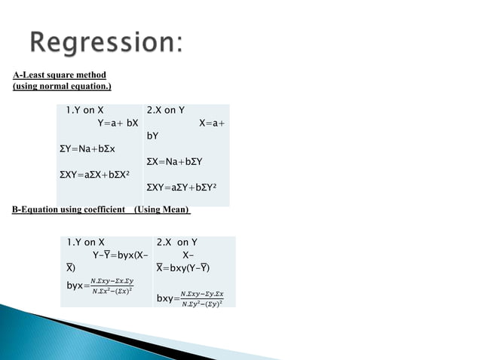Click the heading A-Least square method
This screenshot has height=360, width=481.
pos(60,75)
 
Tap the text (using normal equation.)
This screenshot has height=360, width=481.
pos(62,87)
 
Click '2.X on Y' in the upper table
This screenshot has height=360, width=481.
pos(166,110)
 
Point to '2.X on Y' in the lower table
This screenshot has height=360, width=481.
pos(176,243)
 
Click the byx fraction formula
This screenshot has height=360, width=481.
pos(99,287)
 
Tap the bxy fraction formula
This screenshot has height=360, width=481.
pos(195,298)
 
